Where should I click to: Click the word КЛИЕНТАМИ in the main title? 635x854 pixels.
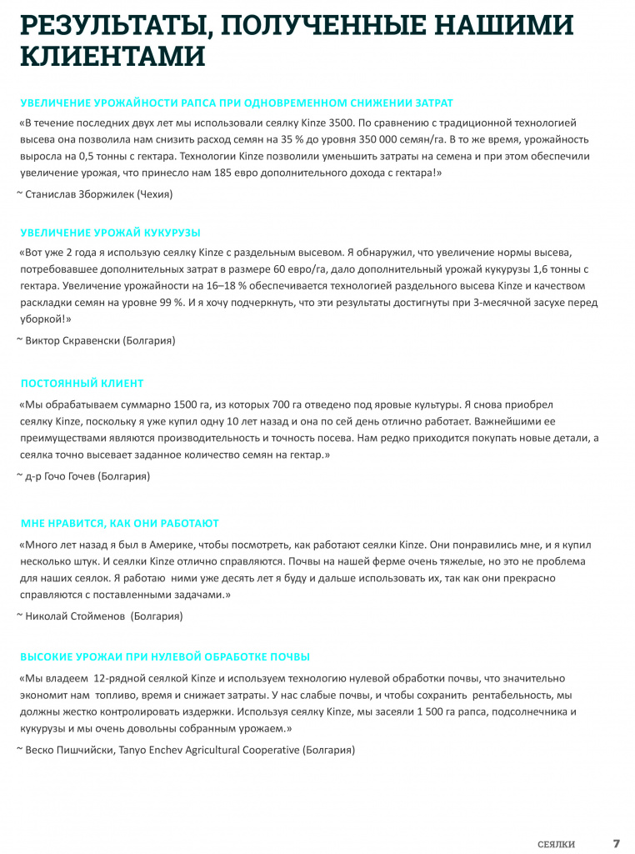pos(112,56)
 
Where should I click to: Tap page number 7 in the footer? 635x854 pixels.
pos(617,843)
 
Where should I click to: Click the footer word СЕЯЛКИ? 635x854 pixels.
pos(556,844)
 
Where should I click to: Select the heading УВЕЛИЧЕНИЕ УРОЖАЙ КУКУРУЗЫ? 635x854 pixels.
pos(110,233)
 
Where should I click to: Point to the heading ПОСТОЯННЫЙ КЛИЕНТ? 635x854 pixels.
pos(82,384)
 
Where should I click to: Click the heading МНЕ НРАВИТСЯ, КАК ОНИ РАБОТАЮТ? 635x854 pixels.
pos(119,523)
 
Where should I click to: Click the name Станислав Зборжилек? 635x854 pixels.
pos(80,194)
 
